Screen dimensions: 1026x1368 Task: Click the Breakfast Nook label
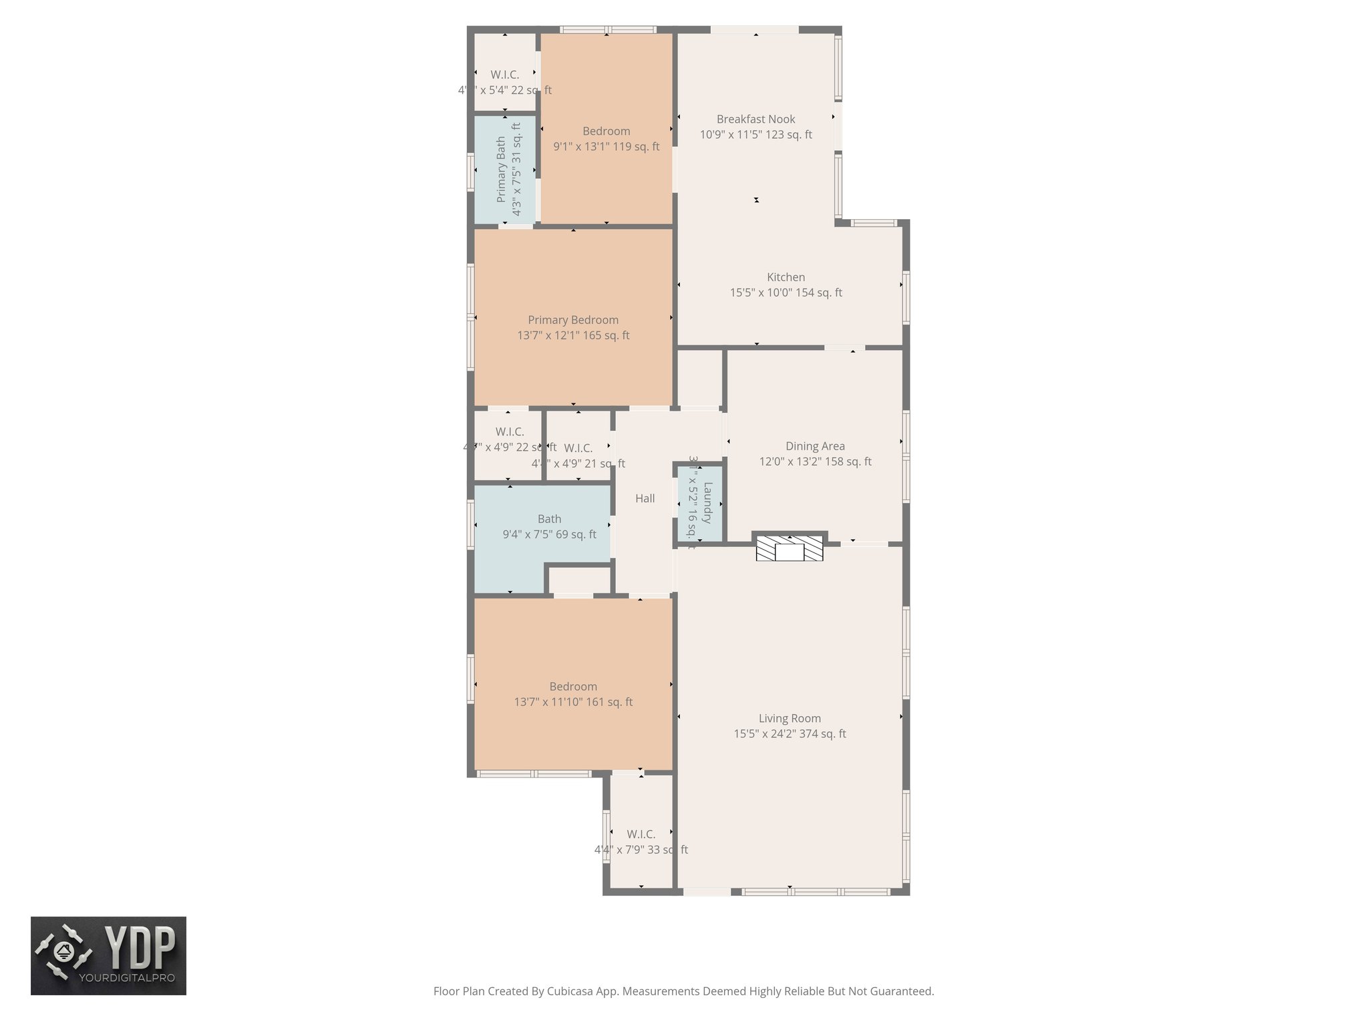(x=755, y=119)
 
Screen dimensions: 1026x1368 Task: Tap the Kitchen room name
(x=786, y=277)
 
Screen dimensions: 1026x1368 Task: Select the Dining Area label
(x=815, y=446)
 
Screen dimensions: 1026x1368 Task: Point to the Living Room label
(x=790, y=719)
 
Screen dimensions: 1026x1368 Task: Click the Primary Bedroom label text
(x=573, y=320)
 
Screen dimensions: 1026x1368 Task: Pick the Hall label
(x=645, y=498)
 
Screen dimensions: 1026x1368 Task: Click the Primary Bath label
(x=501, y=170)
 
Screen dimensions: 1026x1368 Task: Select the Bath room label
(x=549, y=519)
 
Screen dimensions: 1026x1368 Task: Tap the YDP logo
(x=108, y=956)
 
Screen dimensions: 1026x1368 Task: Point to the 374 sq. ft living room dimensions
(x=790, y=734)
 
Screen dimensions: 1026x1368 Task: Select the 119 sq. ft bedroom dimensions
(x=606, y=147)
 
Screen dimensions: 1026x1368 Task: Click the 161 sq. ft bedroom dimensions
(x=573, y=702)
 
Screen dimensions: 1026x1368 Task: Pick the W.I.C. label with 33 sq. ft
(x=641, y=834)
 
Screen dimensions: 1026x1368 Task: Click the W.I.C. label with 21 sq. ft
(x=578, y=448)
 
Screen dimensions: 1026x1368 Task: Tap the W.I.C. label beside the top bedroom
(x=504, y=75)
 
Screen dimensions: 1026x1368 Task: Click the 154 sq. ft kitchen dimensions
(x=786, y=293)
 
